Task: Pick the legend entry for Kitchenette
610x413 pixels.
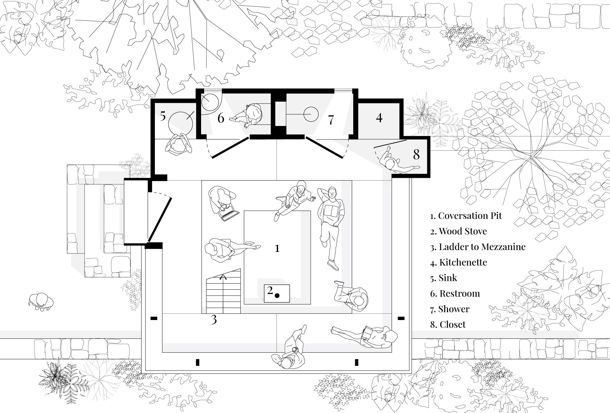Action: click(x=459, y=262)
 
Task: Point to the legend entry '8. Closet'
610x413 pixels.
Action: click(x=448, y=324)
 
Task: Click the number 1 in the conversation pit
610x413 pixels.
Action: click(x=277, y=248)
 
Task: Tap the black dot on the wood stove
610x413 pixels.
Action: click(x=277, y=296)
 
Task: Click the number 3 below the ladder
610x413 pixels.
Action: click(x=214, y=320)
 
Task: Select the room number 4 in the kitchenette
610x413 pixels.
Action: click(x=379, y=117)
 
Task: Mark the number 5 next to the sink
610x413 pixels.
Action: click(x=163, y=116)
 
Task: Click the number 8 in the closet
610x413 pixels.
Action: click(x=416, y=154)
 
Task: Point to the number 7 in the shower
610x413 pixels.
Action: click(x=331, y=120)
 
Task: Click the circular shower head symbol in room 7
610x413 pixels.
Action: click(x=311, y=115)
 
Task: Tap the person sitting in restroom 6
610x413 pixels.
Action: click(x=250, y=116)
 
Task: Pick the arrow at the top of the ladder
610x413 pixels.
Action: click(x=223, y=277)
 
